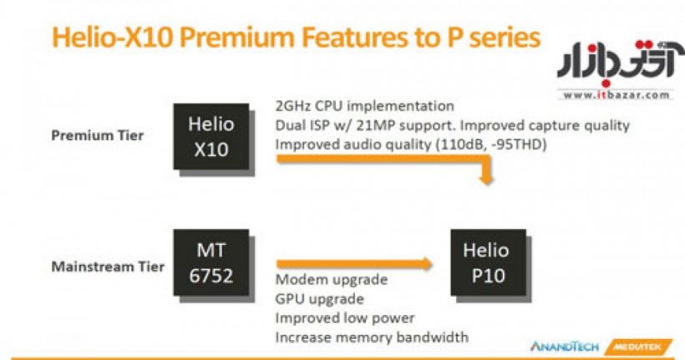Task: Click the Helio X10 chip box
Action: tap(211, 137)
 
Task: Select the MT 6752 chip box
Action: tap(211, 262)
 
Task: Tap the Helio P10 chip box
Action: tap(489, 262)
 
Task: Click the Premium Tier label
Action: tap(98, 135)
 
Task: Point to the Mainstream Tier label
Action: tap(108, 266)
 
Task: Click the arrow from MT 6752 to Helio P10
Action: tap(354, 263)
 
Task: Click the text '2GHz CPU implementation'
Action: tap(365, 106)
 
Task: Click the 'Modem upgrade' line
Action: tap(332, 280)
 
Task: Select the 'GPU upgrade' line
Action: tap(320, 299)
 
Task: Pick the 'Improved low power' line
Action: tap(345, 318)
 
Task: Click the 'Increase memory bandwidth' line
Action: tap(373, 337)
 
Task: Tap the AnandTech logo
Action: tap(565, 347)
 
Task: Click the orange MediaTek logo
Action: tap(638, 347)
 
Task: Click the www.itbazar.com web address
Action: tap(616, 95)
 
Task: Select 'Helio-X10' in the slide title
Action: tap(113, 38)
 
